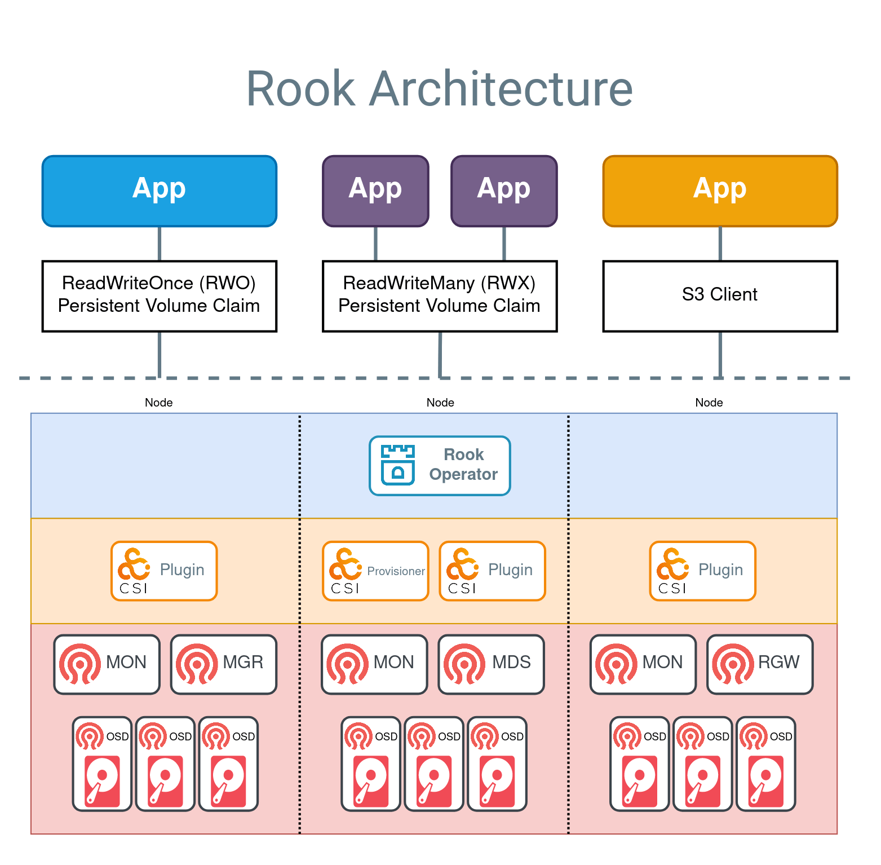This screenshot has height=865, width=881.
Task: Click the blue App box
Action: (x=160, y=191)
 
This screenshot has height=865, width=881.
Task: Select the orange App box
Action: (x=720, y=191)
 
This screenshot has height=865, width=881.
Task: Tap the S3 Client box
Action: (x=720, y=296)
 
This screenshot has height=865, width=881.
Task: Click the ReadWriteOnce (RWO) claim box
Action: (x=160, y=296)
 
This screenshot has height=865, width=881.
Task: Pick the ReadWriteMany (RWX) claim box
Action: (x=440, y=296)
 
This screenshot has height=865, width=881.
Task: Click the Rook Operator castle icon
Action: (x=398, y=465)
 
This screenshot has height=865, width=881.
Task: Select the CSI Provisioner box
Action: (x=375, y=571)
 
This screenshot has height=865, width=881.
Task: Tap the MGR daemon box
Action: (x=224, y=664)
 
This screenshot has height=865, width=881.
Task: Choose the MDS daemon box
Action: (x=491, y=664)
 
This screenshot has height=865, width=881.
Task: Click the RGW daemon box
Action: (x=760, y=664)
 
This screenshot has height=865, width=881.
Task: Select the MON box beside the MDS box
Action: (x=374, y=664)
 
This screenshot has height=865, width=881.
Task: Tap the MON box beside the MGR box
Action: (x=107, y=664)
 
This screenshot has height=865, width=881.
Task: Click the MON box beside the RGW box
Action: (x=643, y=664)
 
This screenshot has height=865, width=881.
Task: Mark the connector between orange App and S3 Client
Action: (x=720, y=244)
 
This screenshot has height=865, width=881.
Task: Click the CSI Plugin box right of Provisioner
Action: (x=492, y=571)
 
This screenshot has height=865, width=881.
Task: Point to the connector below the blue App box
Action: (x=160, y=244)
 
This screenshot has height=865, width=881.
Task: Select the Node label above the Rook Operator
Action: (x=440, y=403)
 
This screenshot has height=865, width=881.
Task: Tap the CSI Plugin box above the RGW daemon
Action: (x=702, y=571)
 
